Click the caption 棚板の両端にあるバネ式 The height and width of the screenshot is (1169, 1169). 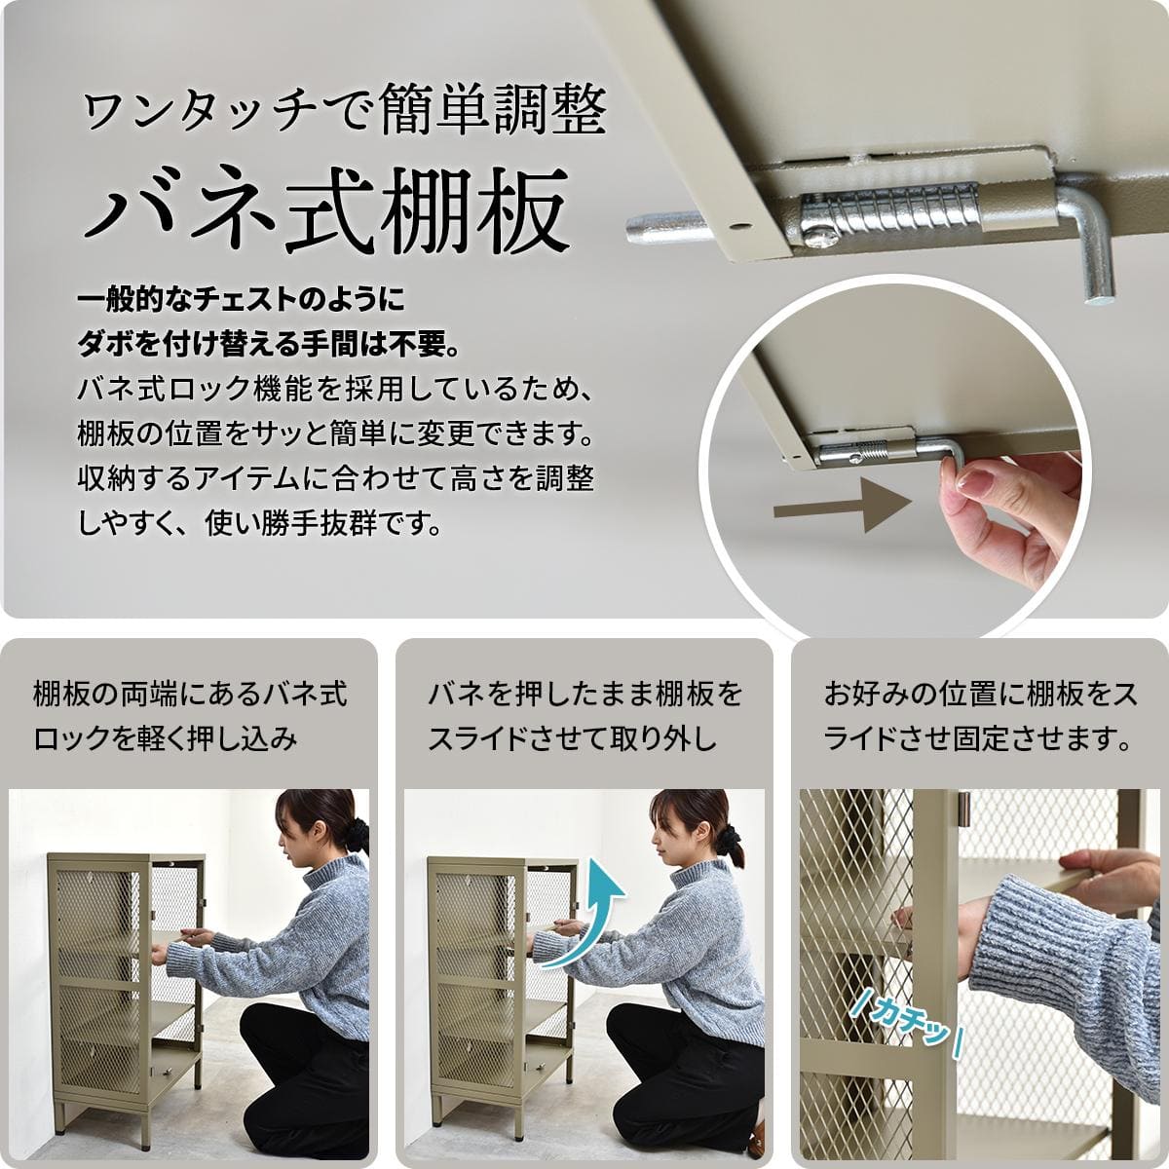[190, 695]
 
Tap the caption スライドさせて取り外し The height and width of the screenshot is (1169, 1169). [572, 738]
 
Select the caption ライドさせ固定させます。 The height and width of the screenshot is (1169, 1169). [977, 738]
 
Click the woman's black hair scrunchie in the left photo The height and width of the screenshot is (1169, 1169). [357, 834]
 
